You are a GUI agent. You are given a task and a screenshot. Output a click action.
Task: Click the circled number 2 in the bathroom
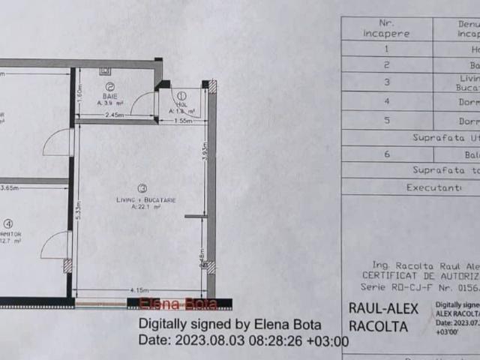[x=109, y=87]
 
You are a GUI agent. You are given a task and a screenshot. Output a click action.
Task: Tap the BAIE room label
[x=110, y=97]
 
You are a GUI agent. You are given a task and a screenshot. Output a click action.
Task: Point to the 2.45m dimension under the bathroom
[x=115, y=115]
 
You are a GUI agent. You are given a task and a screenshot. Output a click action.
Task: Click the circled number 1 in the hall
[x=181, y=95]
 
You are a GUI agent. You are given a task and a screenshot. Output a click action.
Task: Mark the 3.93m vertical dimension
[x=204, y=154]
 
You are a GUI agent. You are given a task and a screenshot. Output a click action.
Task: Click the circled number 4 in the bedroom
[x=7, y=223]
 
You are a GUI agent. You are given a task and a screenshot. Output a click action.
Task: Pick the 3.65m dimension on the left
[x=9, y=188]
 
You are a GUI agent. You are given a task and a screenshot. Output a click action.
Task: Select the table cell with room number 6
[x=386, y=154]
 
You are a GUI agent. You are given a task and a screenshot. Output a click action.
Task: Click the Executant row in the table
[x=433, y=187]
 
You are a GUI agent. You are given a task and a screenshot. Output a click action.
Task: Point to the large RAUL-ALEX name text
[x=379, y=307]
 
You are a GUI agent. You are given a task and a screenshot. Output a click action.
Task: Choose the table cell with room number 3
[x=386, y=82]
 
